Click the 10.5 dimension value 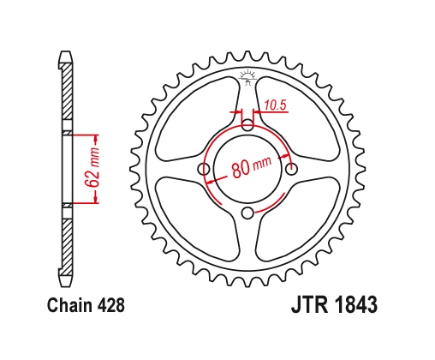click(x=274, y=105)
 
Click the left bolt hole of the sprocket click(x=205, y=170)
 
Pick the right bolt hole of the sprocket click(x=291, y=170)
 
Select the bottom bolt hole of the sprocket click(x=247, y=213)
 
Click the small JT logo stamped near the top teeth click(x=248, y=77)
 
